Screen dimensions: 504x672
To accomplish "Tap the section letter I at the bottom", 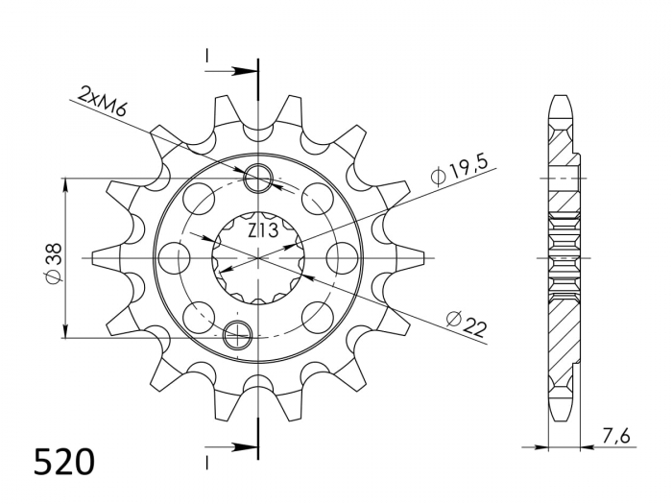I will coord(207,460).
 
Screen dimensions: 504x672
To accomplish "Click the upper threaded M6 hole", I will coord(259,178).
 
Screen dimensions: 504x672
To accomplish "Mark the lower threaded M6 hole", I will coord(236,335).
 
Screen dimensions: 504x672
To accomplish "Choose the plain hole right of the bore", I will coord(342,257).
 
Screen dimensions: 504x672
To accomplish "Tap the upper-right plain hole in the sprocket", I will coord(312,200).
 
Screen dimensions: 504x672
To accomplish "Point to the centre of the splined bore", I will coord(259,257).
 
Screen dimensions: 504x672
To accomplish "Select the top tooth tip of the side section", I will coord(560,100).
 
